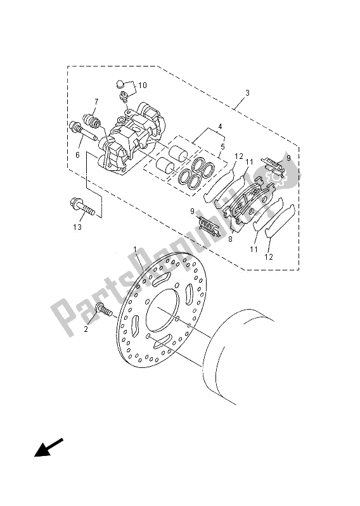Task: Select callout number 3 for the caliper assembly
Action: pyautogui.click(x=247, y=93)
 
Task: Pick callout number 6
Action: pyautogui.click(x=77, y=155)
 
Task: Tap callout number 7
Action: pyautogui.click(x=96, y=101)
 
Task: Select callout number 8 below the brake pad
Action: pyautogui.click(x=230, y=240)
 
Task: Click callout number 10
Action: pyautogui.click(x=142, y=84)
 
